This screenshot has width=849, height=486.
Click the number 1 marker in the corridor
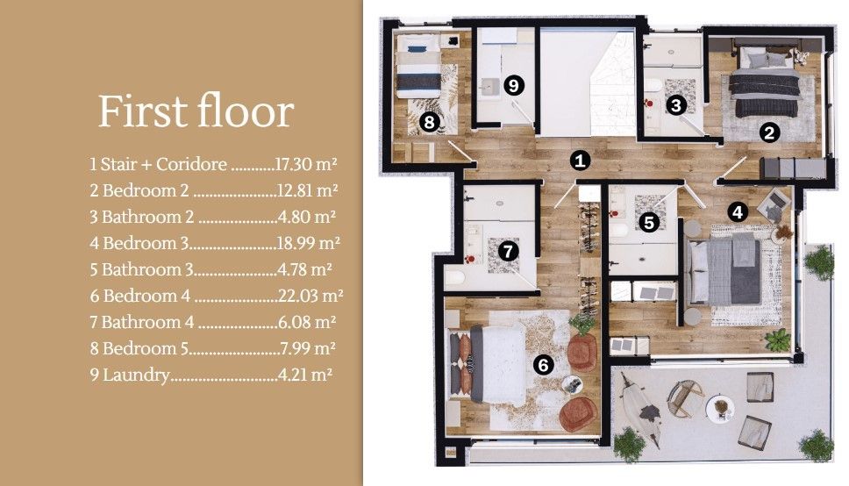tap(578, 161)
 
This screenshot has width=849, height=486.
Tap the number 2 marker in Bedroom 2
tap(769, 133)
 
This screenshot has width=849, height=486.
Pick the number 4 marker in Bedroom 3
tap(738, 211)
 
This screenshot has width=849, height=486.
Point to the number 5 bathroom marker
tap(649, 222)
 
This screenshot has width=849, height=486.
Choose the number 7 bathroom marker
tap(509, 251)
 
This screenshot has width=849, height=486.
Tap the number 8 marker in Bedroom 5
tap(429, 122)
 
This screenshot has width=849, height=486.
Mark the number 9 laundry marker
tap(514, 85)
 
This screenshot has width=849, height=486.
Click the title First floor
tap(195, 112)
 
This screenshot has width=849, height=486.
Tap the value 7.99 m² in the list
tap(307, 348)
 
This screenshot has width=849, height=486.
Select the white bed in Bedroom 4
tap(496, 362)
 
